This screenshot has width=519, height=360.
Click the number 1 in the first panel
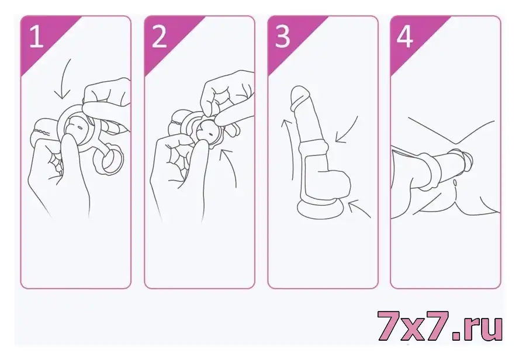pyautogui.click(x=37, y=36)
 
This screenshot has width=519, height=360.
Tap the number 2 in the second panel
pyautogui.click(x=159, y=36)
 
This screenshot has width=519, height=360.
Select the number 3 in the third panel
pyautogui.click(x=282, y=36)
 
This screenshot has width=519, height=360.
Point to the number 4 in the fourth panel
pyautogui.click(x=405, y=36)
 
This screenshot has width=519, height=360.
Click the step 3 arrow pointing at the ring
pyautogui.click(x=348, y=131)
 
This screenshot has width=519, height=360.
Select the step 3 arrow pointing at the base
pyautogui.click(x=359, y=207)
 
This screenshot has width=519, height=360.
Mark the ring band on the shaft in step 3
pyautogui.click(x=313, y=146)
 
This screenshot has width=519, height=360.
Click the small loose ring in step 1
pyautogui.click(x=109, y=161)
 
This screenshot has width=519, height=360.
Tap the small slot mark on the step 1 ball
pyautogui.click(x=80, y=127)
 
